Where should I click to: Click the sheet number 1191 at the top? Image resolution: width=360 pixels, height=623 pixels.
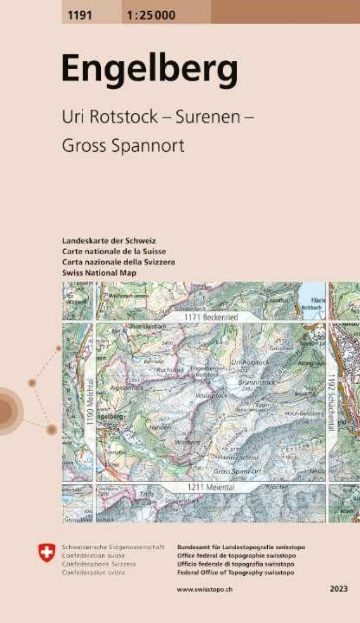(80, 16)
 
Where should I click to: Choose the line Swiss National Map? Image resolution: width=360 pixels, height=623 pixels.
(99, 273)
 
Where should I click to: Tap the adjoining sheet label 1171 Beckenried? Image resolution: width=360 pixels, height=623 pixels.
(211, 318)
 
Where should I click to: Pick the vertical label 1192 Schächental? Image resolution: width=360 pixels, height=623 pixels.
(332, 403)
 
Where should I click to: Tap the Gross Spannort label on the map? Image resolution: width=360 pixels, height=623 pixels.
(237, 471)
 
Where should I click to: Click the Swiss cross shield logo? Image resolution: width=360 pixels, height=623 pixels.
(46, 552)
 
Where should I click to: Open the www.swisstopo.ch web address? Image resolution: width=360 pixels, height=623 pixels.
(205, 589)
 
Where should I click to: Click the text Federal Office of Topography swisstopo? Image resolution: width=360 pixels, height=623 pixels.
(236, 573)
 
